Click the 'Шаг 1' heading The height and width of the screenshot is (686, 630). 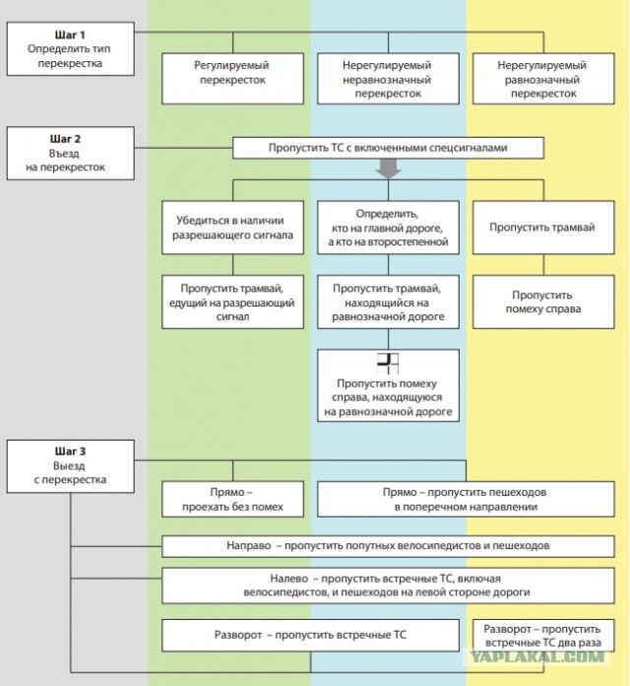70,34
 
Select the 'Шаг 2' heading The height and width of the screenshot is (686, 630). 65,139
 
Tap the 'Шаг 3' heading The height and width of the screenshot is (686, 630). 70,451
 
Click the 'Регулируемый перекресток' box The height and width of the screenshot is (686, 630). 232,79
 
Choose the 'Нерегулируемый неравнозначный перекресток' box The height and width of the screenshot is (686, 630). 388,79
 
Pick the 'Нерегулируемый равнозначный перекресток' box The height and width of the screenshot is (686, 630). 543,79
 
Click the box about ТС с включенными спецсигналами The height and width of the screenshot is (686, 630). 388,148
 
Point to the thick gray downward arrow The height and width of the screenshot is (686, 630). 388,169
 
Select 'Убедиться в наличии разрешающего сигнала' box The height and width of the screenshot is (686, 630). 232,228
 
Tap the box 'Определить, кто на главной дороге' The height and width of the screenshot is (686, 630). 388,228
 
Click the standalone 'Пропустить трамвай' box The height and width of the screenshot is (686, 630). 543,228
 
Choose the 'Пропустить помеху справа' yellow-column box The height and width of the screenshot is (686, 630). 543,302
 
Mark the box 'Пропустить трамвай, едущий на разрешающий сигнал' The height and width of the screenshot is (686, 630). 232,302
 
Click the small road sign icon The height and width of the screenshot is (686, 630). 388,364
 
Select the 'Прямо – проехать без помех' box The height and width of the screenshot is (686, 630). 232,499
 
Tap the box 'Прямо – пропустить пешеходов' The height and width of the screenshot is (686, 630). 466,499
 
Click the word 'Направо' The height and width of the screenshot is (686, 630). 248,546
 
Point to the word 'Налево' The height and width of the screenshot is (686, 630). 288,579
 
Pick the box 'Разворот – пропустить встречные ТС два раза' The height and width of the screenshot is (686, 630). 543,636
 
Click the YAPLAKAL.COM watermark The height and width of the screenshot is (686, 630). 536,656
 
